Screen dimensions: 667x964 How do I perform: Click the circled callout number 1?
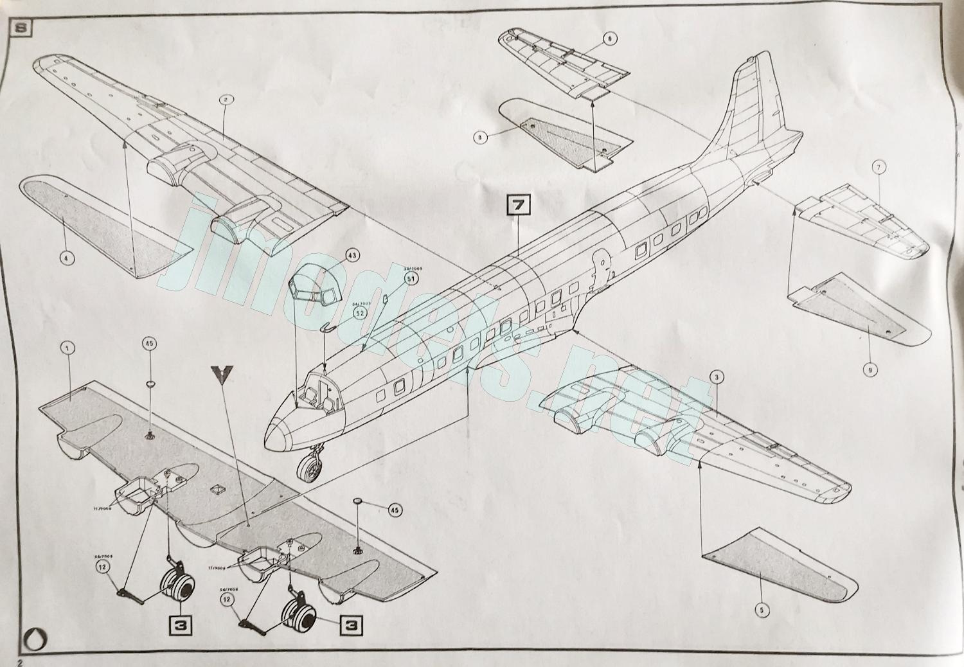[x=67, y=348]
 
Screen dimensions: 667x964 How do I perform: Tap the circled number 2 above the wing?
[x=227, y=100]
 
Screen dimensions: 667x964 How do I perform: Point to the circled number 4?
[x=67, y=258]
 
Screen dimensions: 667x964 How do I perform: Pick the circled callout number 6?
[x=609, y=39]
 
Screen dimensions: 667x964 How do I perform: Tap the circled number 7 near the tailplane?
[x=879, y=168]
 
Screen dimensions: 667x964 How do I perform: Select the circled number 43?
[x=353, y=255]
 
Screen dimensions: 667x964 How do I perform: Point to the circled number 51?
[x=411, y=279]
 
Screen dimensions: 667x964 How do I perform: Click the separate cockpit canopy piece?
[x=313, y=286]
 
